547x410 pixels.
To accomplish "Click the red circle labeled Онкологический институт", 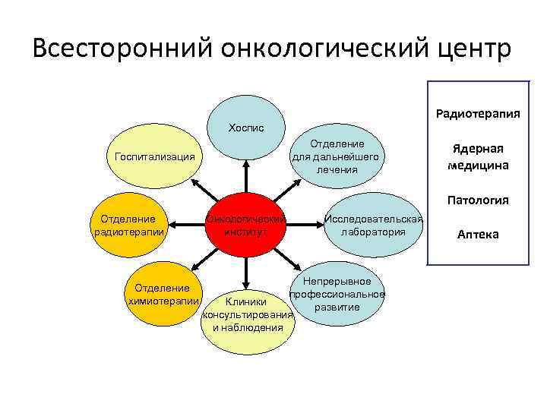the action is click(x=245, y=225).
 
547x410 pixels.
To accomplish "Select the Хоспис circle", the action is click(x=245, y=128).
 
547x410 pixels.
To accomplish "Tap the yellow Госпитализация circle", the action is click(x=154, y=158).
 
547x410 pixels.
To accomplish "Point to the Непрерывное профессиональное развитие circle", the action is click(x=337, y=295).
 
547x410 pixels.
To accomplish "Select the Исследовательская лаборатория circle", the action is click(x=373, y=225).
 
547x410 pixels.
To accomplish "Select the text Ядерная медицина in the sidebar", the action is click(x=478, y=157).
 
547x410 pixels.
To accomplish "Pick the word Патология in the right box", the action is click(x=478, y=200).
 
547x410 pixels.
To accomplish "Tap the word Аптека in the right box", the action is click(x=478, y=234).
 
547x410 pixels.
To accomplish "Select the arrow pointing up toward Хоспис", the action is click(x=245, y=175).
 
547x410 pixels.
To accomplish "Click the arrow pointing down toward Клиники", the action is click(x=245, y=275).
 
